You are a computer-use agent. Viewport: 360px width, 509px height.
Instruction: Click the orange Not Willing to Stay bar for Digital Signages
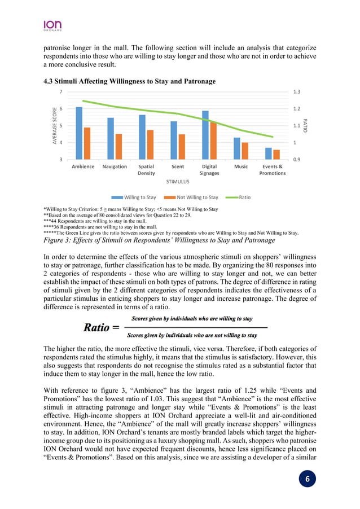(x=212, y=141)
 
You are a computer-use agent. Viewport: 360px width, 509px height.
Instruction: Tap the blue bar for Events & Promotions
(x=269, y=153)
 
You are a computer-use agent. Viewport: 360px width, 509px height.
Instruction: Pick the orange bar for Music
(x=244, y=151)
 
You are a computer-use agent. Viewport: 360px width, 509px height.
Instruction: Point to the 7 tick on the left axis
(x=61, y=91)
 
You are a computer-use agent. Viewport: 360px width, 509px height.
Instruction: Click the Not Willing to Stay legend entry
(x=192, y=198)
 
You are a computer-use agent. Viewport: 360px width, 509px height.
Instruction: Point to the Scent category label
(x=177, y=167)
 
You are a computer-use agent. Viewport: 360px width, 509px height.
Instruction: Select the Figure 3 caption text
(x=159, y=241)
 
